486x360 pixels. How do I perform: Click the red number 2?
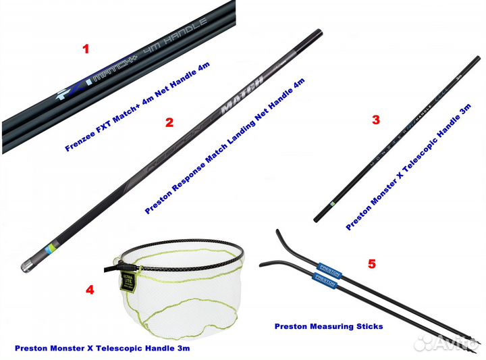(x=169, y=122)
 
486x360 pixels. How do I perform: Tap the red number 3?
(x=376, y=120)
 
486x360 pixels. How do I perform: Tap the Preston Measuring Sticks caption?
(x=329, y=326)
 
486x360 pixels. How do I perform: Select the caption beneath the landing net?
(x=102, y=349)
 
